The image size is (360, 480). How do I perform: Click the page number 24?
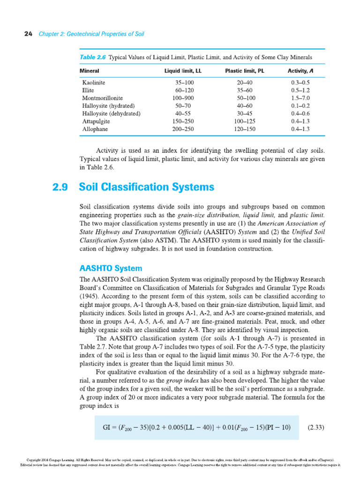coord(27,34)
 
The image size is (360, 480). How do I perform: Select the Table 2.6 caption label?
coord(93,57)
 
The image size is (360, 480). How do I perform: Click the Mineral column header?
coord(90,71)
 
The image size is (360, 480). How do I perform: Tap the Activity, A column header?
coord(300,71)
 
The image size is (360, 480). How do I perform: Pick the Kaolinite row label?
coord(94,82)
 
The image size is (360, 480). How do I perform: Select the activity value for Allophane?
coord(300,129)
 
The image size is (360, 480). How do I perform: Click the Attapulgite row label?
coord(96,121)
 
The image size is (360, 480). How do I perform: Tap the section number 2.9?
coord(60,187)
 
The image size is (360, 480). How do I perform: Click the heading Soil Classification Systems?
coord(147,187)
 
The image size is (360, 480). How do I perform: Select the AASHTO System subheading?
coord(111,269)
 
